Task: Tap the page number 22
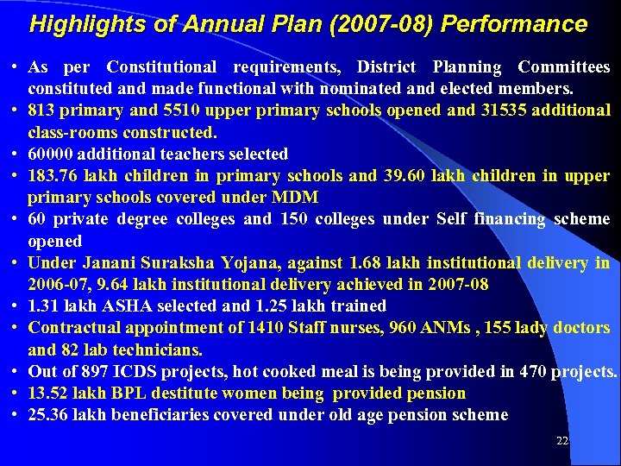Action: (562, 441)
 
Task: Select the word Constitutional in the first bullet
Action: (161, 66)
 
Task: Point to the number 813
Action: (41, 110)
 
